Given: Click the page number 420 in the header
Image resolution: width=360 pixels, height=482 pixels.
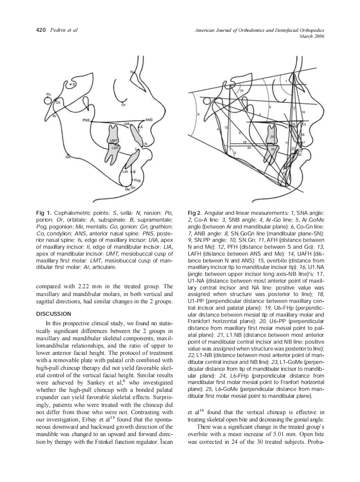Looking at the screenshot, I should pyautogui.click(x=41, y=30).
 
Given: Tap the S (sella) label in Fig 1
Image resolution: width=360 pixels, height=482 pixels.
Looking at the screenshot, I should pyautogui.click(x=73, y=85).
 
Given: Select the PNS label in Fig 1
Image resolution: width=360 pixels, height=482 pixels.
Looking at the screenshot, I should pyautogui.click(x=86, y=120).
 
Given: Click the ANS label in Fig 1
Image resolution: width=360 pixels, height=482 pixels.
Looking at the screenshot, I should pyautogui.click(x=149, y=119).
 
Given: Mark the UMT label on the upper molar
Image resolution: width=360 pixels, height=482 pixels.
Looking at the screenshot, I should pyautogui.click(x=113, y=140).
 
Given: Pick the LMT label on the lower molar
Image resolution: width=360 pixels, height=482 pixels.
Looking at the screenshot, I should pyautogui.click(x=115, y=148).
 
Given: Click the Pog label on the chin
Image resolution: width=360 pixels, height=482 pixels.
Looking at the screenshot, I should pyautogui.click(x=137, y=180).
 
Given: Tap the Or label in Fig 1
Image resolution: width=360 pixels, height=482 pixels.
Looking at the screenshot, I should pyautogui.click(x=123, y=104).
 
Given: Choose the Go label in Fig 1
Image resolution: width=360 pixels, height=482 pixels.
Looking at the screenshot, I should pyautogui.click(x=68, y=158).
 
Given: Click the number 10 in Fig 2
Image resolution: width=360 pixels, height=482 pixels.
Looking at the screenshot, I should pyautogui.click(x=241, y=91).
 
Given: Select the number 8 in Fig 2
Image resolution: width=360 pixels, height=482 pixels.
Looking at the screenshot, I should pyautogui.click(x=198, y=114).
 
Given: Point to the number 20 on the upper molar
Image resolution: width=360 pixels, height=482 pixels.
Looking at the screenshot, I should pyautogui.click(x=272, y=137).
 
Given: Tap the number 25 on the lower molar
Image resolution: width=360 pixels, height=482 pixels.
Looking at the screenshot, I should pyautogui.click(x=272, y=149).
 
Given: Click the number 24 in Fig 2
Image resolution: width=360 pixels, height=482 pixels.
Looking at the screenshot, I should pyautogui.click(x=249, y=148).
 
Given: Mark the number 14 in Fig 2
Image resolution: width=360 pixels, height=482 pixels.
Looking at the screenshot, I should pyautogui.click(x=303, y=112).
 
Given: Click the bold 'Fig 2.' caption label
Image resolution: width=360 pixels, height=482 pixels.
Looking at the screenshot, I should pyautogui.click(x=195, y=213).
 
